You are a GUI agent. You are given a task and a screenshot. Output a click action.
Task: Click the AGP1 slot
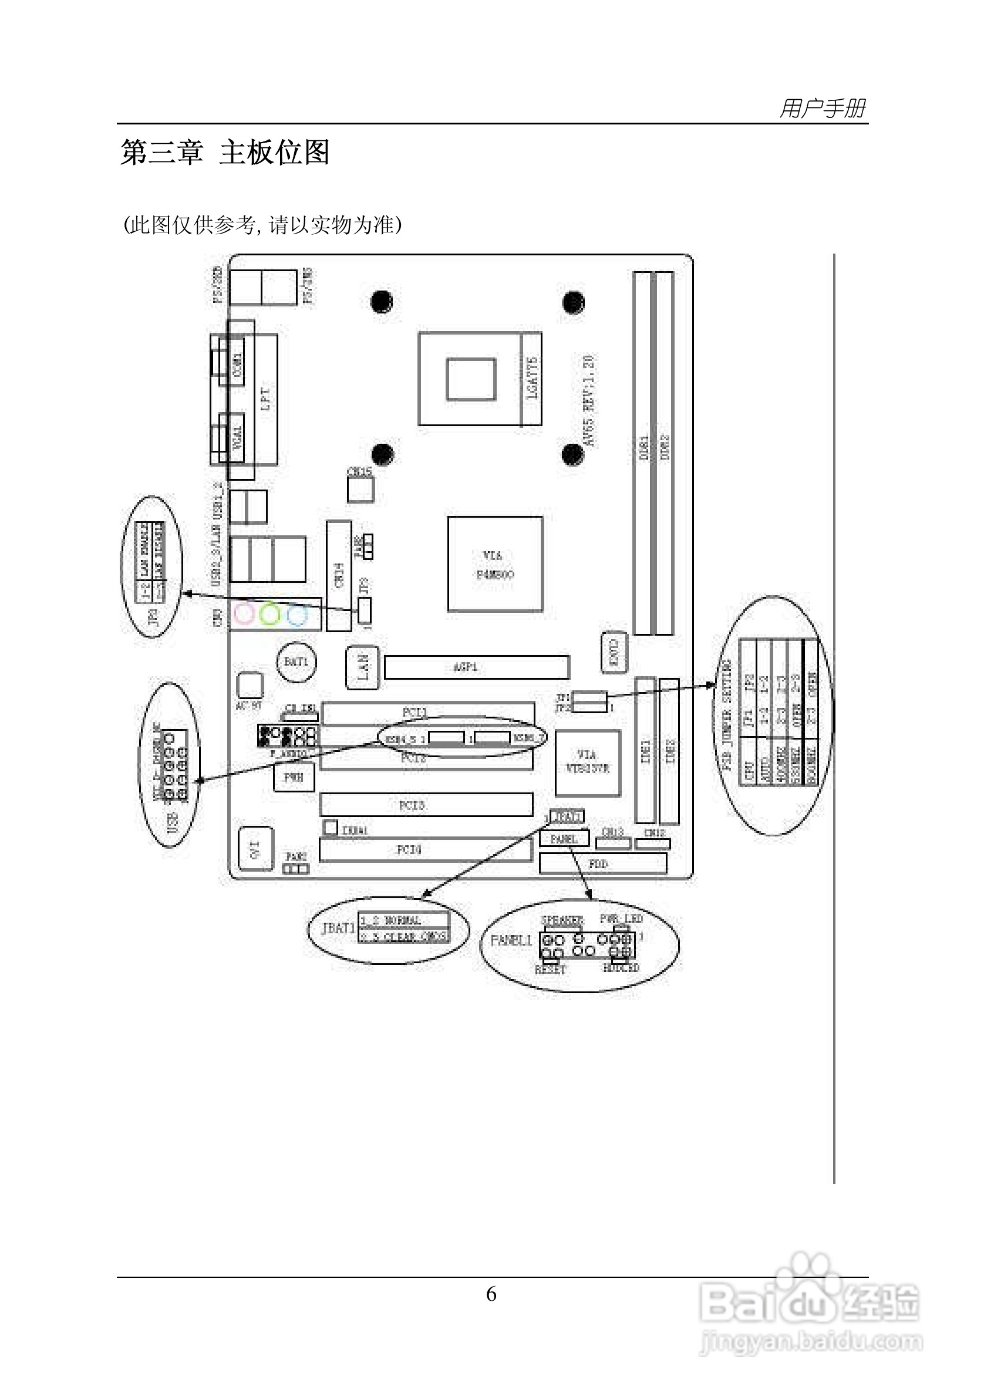click(x=477, y=667)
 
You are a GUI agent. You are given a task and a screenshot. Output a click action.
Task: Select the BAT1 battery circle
click(x=296, y=662)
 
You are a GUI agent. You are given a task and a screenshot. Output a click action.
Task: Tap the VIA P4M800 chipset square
click(x=495, y=564)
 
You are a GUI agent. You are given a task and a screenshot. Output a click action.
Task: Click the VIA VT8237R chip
click(x=587, y=762)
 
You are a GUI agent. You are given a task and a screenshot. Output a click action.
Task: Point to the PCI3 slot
click(x=426, y=805)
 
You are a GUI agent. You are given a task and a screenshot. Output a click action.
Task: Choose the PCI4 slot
click(x=426, y=849)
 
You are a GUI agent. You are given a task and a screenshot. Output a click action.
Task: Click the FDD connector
click(x=602, y=863)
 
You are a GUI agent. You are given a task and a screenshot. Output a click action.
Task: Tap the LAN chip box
click(x=363, y=667)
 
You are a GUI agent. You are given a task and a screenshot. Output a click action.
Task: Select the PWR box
click(x=294, y=777)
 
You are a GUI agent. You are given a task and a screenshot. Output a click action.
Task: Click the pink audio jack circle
click(x=245, y=614)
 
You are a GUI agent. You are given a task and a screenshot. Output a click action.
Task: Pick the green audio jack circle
click(x=269, y=614)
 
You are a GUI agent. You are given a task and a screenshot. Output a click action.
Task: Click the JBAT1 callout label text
click(x=338, y=929)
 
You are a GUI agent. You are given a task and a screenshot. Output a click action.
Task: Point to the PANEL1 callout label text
click(x=511, y=940)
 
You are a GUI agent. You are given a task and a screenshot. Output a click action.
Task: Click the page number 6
click(x=491, y=1294)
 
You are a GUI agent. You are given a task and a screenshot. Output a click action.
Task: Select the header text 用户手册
click(x=822, y=109)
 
